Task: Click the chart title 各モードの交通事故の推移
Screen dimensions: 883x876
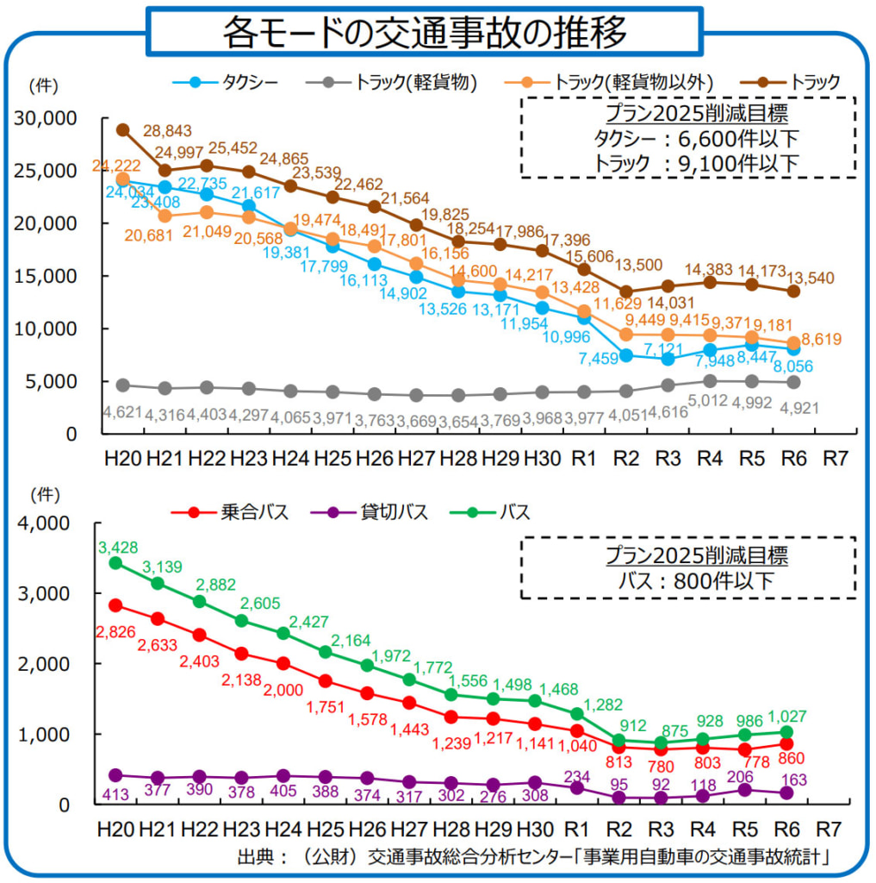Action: click(426, 33)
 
